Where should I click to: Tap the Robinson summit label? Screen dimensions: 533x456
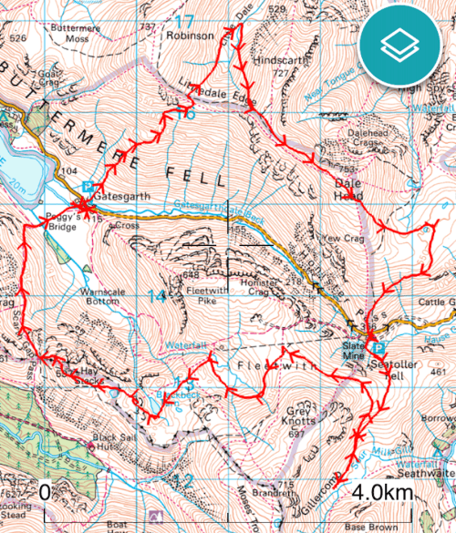tap(190, 36)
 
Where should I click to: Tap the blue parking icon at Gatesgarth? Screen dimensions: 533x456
tap(88, 186)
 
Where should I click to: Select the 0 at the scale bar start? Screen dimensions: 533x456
tap(45, 493)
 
